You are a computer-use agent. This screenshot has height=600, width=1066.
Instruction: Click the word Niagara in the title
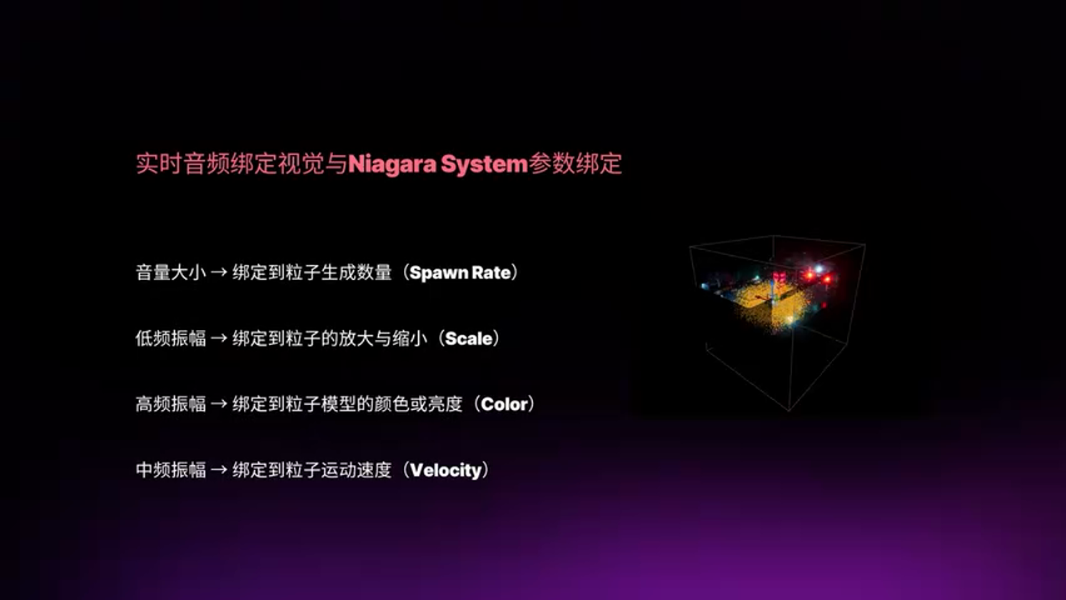tap(392, 164)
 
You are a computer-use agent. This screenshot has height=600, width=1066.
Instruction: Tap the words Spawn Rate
tap(460, 272)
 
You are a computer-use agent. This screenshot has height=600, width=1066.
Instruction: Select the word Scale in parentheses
tap(468, 338)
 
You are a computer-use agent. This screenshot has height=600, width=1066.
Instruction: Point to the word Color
tap(504, 404)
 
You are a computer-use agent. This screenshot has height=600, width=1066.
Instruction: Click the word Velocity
tap(446, 471)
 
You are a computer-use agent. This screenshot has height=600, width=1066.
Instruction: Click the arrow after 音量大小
tap(218, 272)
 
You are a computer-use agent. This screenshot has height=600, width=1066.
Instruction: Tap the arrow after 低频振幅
tap(218, 338)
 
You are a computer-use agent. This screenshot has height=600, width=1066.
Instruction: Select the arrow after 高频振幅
tap(218, 404)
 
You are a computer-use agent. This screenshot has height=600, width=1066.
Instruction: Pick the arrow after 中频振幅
tap(218, 470)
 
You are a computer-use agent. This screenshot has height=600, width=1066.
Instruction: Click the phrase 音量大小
tap(171, 272)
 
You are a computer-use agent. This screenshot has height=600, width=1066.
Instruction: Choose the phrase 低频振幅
tap(171, 338)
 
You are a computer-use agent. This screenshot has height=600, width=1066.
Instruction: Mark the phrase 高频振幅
tap(171, 404)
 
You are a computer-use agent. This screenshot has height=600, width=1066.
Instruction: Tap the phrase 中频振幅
tap(171, 470)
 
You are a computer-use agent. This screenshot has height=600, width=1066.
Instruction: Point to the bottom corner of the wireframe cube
tap(789, 410)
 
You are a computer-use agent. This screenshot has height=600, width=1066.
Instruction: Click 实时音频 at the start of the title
tap(182, 164)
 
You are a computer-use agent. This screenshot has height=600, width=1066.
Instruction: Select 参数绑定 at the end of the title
tap(575, 164)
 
